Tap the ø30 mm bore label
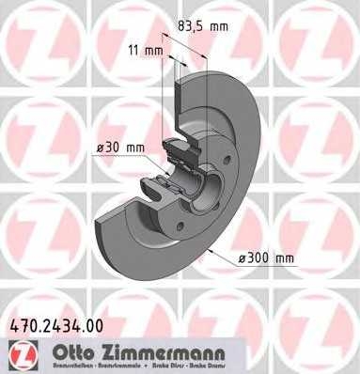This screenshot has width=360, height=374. click(118, 148)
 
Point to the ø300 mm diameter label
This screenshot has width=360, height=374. click(268, 257)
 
